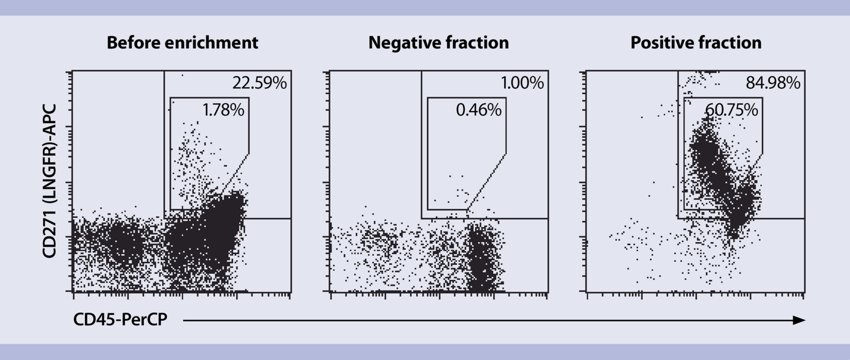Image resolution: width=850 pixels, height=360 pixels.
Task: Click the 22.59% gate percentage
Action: (259, 83)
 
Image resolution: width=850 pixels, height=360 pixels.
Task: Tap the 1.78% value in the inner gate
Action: (223, 110)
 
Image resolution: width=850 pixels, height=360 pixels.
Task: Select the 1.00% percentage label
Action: (522, 83)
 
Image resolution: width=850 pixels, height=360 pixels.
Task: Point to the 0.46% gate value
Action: (479, 110)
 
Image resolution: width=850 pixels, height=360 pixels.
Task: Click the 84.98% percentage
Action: (773, 83)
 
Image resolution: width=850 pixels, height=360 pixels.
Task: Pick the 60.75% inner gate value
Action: (731, 110)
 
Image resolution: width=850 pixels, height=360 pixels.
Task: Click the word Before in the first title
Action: (133, 43)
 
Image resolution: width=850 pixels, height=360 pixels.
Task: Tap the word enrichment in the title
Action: (211, 43)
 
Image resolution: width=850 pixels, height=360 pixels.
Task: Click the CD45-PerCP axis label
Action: (120, 320)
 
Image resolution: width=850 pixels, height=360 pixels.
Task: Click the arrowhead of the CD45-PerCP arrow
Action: (799, 320)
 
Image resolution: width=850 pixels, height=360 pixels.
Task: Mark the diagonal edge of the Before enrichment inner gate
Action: (235, 174)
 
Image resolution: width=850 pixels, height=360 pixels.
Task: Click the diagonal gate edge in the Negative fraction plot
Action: (487, 182)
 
